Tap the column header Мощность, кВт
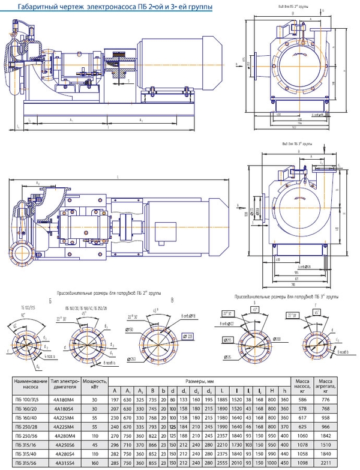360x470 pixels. coord(95,384)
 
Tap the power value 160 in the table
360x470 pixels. coord(95,462)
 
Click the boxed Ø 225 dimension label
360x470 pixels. coord(190,337)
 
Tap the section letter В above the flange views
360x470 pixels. coord(173,300)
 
